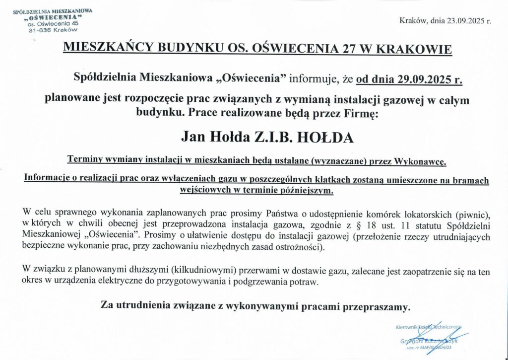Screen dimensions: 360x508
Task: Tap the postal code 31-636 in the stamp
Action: pos(40,29)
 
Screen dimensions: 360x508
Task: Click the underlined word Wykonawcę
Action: pos(421,161)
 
